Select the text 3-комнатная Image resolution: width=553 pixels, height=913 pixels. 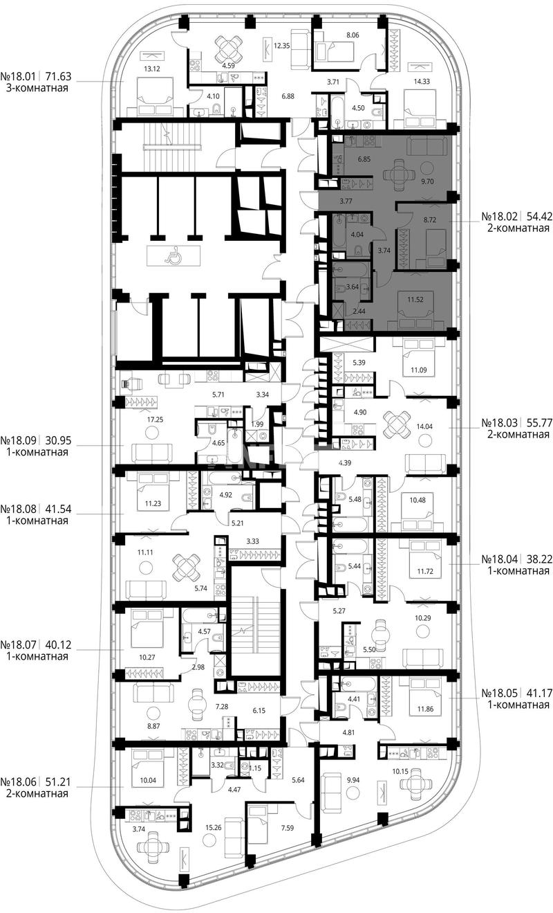pos(37,88)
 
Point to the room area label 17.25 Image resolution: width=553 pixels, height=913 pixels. pos(155,419)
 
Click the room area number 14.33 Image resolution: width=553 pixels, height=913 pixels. pos(422,82)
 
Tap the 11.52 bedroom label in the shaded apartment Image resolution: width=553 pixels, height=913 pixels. pos(415,300)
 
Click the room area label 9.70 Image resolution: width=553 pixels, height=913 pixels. pos(427,182)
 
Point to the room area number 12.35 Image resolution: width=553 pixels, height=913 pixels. pos(281,46)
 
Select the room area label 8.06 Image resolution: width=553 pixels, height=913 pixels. pos(353,35)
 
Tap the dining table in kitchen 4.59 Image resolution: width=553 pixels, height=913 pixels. pos(229,47)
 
